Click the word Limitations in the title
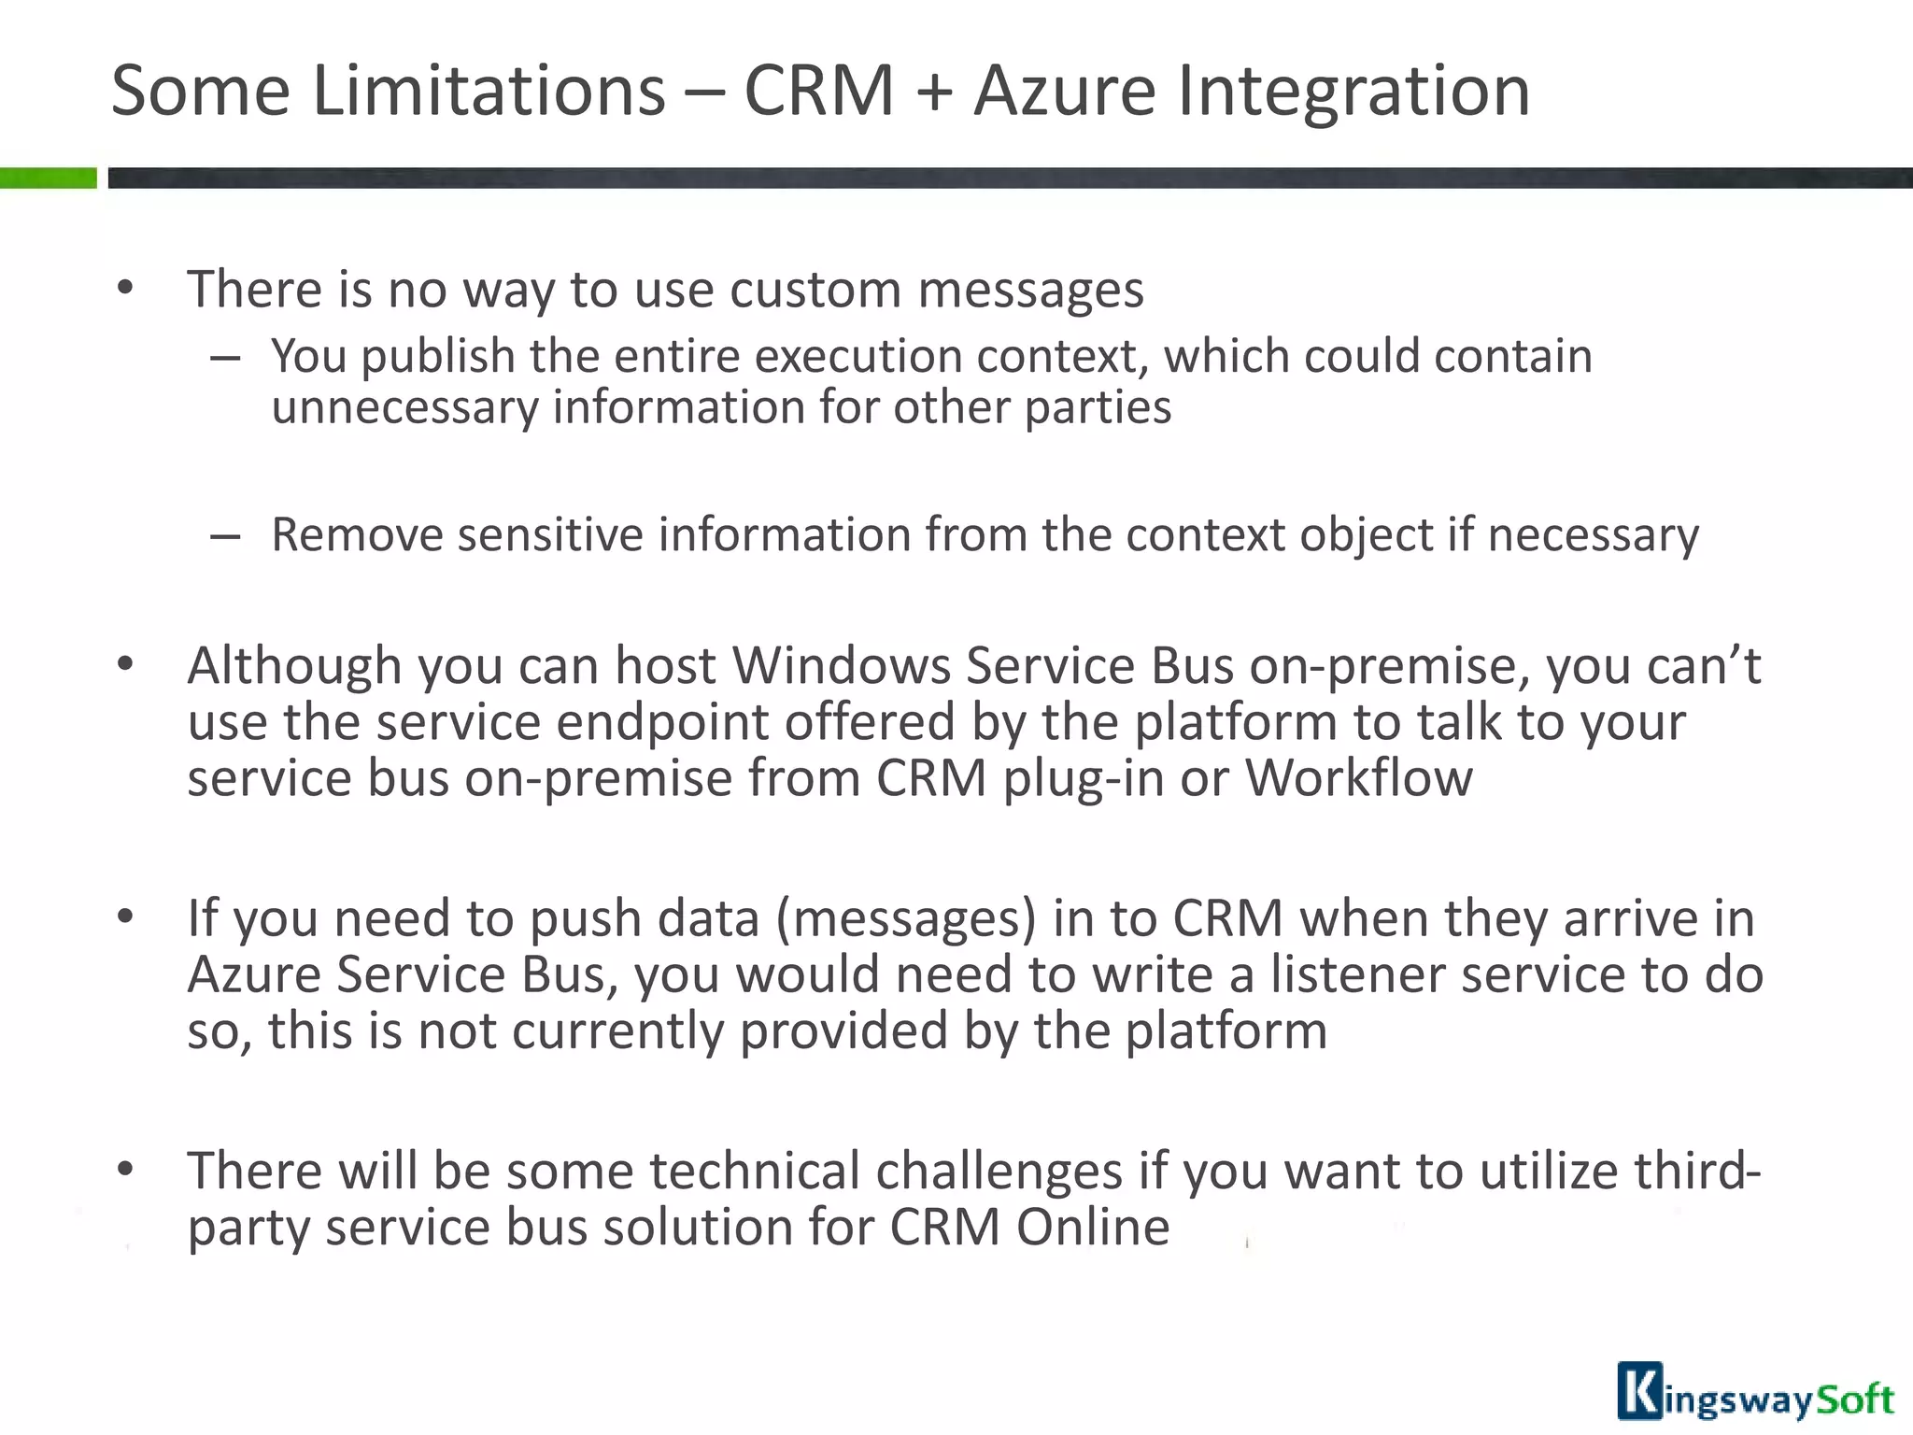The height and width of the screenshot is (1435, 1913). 489,91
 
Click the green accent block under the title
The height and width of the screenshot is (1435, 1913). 48,178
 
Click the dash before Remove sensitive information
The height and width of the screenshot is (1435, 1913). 225,536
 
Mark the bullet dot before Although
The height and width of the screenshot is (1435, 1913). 126,664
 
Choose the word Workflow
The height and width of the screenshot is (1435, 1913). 1359,778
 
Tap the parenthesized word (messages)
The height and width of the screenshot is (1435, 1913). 906,919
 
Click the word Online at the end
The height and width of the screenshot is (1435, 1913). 1093,1228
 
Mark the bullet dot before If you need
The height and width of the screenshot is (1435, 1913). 126,916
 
